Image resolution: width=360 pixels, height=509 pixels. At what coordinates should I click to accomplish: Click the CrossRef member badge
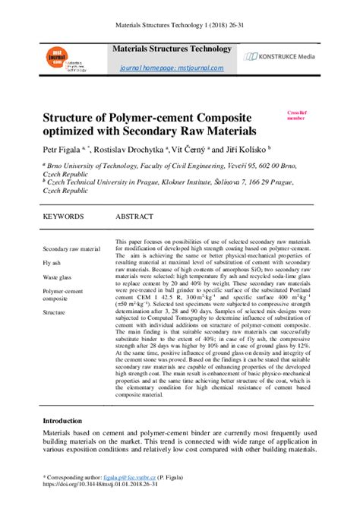tap(295, 115)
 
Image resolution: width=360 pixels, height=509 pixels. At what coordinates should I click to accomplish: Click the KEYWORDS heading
tap(63, 217)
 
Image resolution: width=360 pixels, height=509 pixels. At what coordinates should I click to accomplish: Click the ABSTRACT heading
tap(135, 217)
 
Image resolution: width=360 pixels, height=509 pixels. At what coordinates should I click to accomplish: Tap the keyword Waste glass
tap(57, 277)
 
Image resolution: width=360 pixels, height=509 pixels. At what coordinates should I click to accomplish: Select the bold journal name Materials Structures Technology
tap(172, 49)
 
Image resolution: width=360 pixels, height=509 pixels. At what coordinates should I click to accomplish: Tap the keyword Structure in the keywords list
tap(54, 312)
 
